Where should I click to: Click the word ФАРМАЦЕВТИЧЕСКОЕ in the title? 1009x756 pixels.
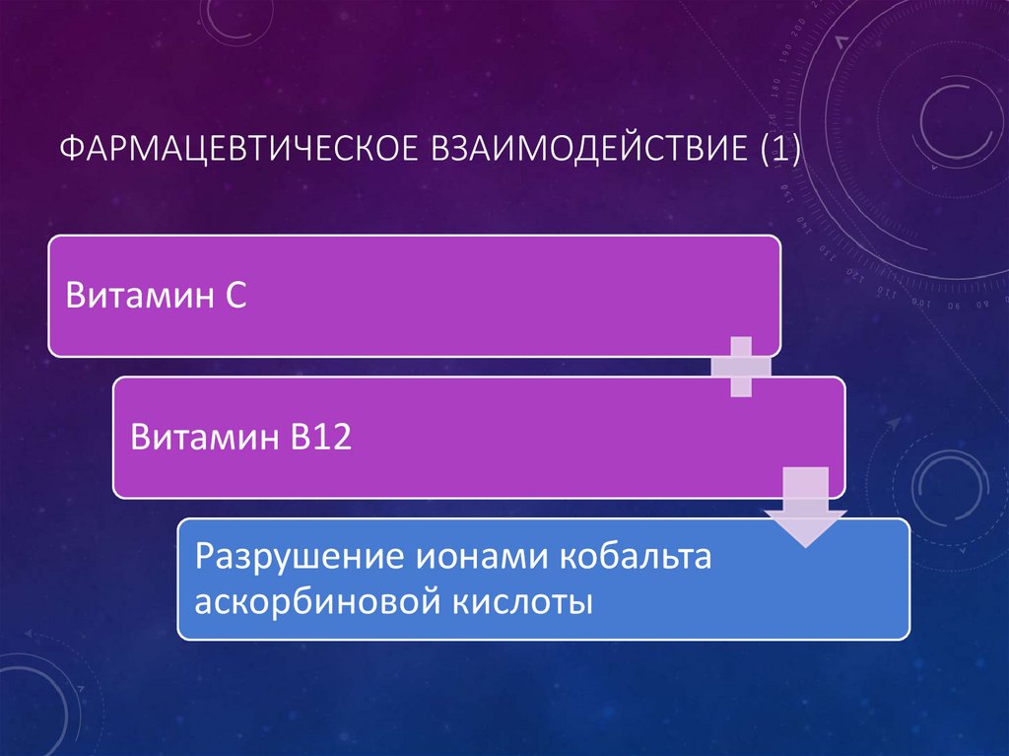[x=237, y=152]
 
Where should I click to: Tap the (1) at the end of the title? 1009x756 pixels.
[x=777, y=152]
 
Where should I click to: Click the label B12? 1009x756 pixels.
[x=319, y=436]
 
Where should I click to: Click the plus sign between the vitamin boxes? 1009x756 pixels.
[x=741, y=366]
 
